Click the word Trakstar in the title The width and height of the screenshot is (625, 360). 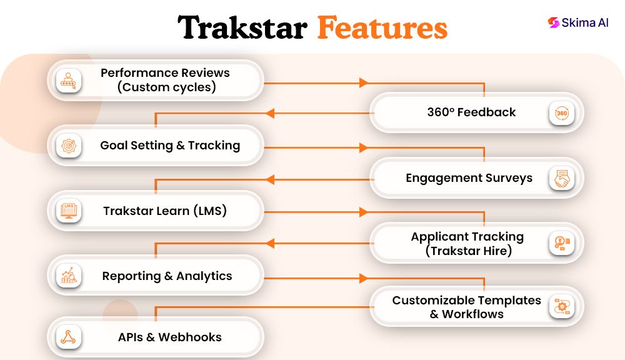[242, 29]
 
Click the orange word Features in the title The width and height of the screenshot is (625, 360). [382, 29]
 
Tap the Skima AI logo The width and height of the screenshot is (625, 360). [577, 22]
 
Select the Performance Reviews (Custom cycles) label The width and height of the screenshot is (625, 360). [166, 80]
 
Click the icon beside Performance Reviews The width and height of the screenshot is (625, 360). [68, 80]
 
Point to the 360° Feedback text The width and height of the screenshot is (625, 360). [471, 112]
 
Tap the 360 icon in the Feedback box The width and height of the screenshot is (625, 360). [561, 113]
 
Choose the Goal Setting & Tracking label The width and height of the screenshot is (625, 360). [170, 146]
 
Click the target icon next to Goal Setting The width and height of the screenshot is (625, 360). [68, 146]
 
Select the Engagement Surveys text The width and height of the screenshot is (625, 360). [469, 178]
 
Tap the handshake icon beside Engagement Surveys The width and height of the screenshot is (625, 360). [561, 179]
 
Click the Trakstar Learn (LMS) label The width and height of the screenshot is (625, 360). [165, 211]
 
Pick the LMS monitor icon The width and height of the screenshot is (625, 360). [68, 211]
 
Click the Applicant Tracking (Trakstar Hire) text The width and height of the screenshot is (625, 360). [467, 244]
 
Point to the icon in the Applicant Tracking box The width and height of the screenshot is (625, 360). [561, 244]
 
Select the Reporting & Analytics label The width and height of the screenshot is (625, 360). [167, 276]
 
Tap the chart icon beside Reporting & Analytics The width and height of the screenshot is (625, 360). [68, 276]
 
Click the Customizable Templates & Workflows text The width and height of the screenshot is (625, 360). [466, 307]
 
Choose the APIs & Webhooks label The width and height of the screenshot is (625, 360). [169, 337]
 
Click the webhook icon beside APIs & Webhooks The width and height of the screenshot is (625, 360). [68, 337]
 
